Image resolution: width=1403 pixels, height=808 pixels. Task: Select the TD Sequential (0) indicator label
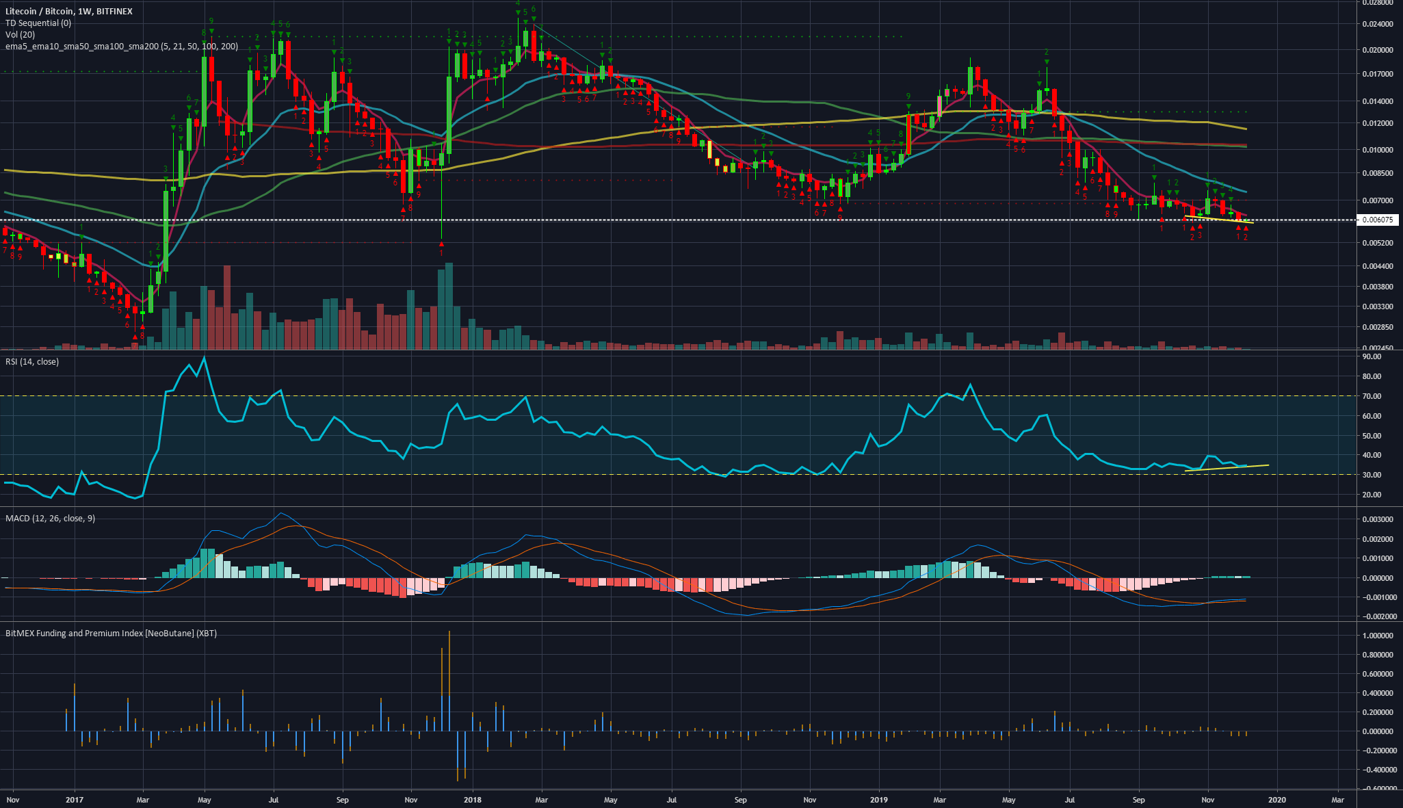click(x=38, y=23)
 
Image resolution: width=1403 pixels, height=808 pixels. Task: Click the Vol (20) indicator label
click(x=21, y=35)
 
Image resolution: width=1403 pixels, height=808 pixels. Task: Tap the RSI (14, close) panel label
click(x=32, y=362)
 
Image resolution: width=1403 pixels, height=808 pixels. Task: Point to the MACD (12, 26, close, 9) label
click(x=51, y=519)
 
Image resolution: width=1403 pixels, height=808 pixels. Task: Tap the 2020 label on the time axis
click(x=1276, y=800)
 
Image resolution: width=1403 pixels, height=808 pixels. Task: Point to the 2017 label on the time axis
click(x=74, y=800)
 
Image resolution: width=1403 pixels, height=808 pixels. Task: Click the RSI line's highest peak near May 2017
click(x=204, y=357)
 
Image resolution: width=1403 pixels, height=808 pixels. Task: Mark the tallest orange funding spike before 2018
click(x=449, y=633)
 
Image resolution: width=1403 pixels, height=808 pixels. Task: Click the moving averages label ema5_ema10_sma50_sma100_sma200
click(x=122, y=47)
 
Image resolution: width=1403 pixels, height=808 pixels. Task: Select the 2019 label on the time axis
click(x=878, y=800)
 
